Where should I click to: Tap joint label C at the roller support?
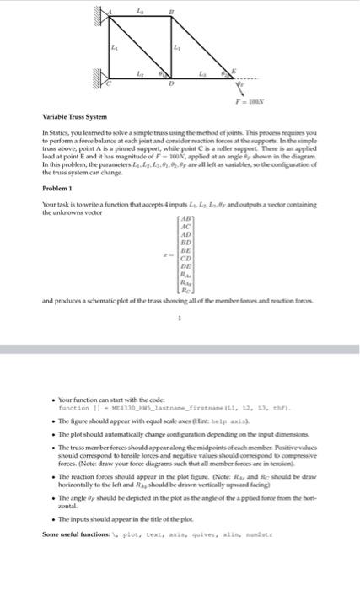coord(108,84)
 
